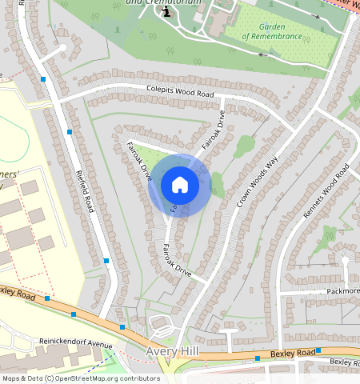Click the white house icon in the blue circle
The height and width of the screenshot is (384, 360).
click(x=180, y=185)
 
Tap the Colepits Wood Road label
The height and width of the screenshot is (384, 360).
click(x=180, y=93)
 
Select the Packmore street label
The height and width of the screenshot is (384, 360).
click(x=343, y=291)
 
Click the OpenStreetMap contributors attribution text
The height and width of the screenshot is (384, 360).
click(x=81, y=378)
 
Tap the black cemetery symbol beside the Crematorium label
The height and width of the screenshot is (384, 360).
click(x=166, y=12)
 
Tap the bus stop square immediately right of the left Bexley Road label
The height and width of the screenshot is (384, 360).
click(x=47, y=298)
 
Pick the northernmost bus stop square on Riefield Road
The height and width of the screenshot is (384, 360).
click(x=42, y=78)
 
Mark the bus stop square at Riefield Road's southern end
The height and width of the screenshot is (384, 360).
click(x=106, y=261)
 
